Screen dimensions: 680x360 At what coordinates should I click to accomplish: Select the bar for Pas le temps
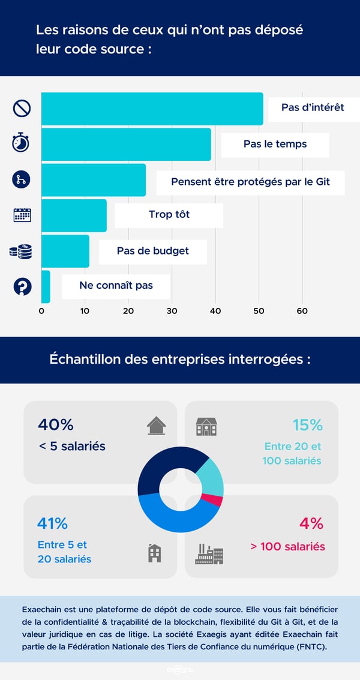[126, 144]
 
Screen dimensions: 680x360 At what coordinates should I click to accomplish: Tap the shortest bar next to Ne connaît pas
[46, 286]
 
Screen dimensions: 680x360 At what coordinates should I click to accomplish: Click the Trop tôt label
[169, 215]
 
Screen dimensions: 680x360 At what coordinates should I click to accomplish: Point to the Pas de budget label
[152, 251]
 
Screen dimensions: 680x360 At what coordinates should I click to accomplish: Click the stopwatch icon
[21, 143]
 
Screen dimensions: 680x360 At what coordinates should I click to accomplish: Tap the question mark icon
[22, 286]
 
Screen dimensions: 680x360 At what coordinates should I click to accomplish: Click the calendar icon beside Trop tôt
[22, 215]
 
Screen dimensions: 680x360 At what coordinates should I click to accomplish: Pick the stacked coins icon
[21, 251]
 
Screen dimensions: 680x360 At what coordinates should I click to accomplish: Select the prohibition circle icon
[22, 109]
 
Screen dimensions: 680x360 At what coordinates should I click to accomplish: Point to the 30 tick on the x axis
[172, 311]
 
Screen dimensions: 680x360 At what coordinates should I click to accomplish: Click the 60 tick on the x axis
[302, 311]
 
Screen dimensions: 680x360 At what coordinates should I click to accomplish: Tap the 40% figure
[55, 425]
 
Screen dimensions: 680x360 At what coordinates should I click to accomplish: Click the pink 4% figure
[311, 523]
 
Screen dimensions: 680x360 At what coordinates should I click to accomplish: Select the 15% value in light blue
[307, 425]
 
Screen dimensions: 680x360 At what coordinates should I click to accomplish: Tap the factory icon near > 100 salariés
[209, 554]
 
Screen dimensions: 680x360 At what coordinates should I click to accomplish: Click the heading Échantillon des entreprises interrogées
[180, 360]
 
